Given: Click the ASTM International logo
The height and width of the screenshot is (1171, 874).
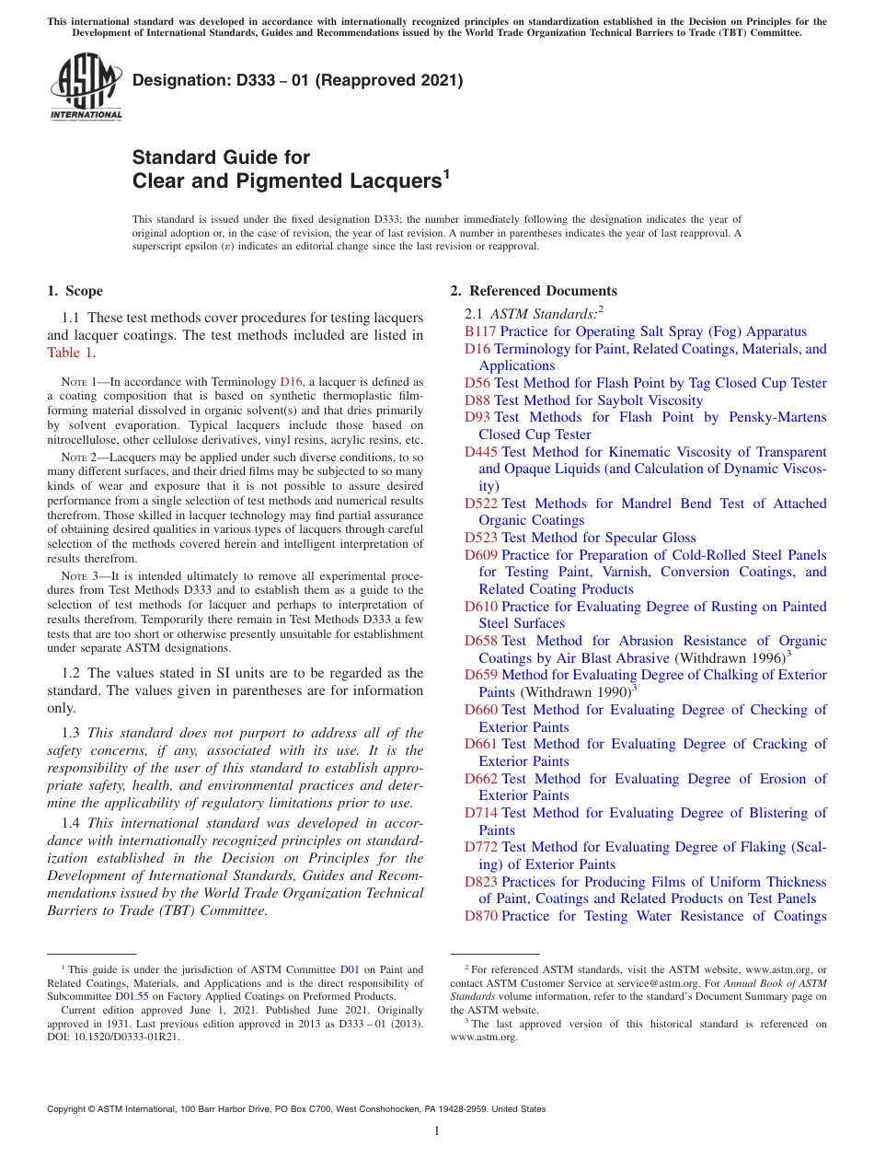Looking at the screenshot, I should (86, 87).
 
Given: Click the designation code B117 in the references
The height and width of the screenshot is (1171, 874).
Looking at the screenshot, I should (480, 331).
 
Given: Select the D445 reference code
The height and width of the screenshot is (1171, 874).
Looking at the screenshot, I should (480, 452).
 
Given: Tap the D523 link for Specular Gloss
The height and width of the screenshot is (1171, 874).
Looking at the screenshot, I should (480, 538).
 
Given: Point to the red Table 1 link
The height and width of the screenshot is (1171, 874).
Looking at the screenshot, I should (70, 353).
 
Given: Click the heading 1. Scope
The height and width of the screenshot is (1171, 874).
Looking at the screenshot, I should (75, 291).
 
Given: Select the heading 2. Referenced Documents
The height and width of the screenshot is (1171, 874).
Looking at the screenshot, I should (533, 291).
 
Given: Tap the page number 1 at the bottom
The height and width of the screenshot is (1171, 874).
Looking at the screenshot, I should (437, 1130).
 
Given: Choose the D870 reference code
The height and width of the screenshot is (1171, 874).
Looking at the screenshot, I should (480, 916).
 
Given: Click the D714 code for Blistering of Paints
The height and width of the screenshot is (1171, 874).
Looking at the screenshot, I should (480, 813).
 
